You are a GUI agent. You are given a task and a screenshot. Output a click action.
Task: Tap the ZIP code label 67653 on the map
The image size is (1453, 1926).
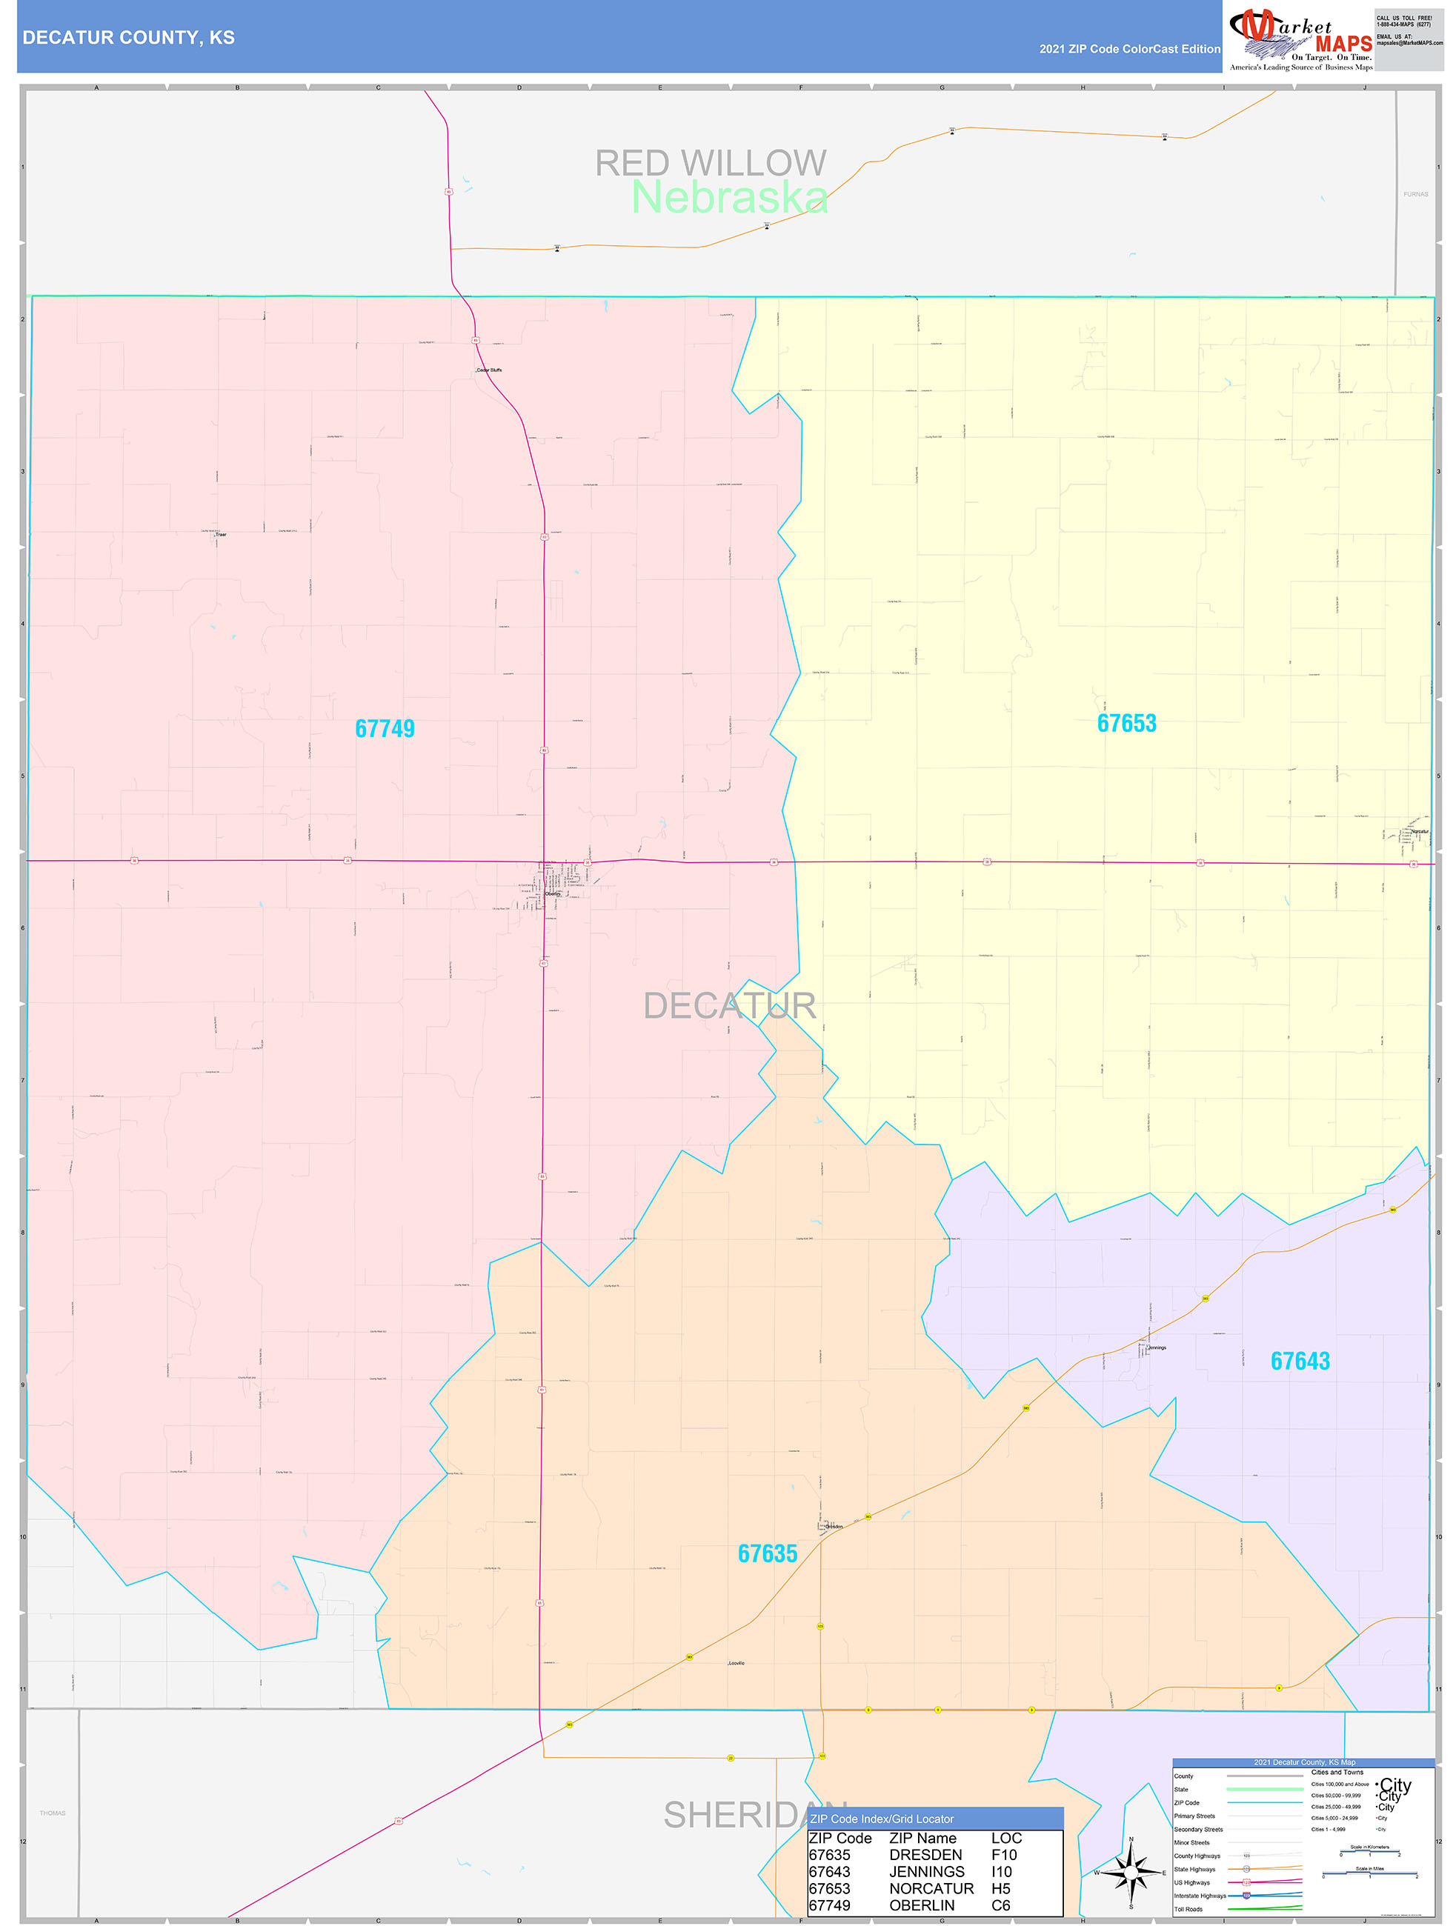coord(1126,724)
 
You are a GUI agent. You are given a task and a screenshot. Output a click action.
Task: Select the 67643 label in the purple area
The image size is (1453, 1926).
coord(1300,1361)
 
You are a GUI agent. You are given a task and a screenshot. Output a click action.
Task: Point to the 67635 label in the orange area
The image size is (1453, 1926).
coord(767,1553)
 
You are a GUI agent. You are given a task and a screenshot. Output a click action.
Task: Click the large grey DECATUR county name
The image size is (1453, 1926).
coord(729,1006)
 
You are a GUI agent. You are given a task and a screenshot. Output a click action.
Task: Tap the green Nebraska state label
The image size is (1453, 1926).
coord(729,198)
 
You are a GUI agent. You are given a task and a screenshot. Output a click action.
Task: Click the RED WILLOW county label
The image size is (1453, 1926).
coord(710,163)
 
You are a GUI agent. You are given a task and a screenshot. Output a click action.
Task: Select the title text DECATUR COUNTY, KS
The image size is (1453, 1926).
coord(128,38)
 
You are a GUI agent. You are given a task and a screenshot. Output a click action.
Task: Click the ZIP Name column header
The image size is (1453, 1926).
coord(922,1838)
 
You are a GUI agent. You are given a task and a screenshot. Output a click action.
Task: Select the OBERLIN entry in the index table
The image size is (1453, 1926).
coord(922,1905)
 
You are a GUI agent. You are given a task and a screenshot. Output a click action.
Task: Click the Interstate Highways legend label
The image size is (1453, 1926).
coord(1200,1896)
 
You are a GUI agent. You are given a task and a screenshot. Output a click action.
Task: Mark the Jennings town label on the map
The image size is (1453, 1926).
coord(1156,1348)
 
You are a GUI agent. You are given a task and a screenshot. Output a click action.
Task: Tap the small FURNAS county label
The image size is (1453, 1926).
coord(1414,194)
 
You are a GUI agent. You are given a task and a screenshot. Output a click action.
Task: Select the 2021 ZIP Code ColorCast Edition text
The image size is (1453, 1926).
coord(1129,50)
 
